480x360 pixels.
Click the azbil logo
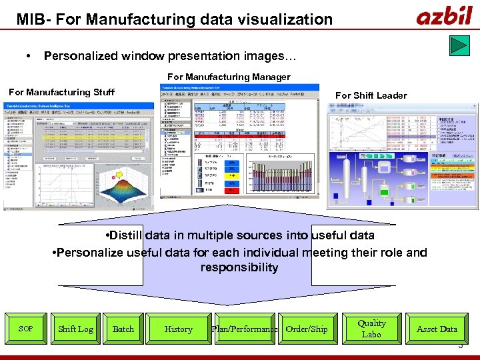point(445,16)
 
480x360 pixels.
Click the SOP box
point(25,329)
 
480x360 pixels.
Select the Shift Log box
point(75,329)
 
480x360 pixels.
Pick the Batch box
point(123,329)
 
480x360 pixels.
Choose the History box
point(178,329)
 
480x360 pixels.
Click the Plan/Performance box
point(244,329)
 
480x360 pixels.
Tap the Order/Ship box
point(307,329)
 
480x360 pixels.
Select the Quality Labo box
point(371,328)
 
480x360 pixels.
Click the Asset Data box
point(437,329)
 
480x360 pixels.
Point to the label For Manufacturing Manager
point(229,77)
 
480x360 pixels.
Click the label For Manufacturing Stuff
point(61,92)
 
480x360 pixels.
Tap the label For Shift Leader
point(371,95)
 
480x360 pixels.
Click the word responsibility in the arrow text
point(239,268)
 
